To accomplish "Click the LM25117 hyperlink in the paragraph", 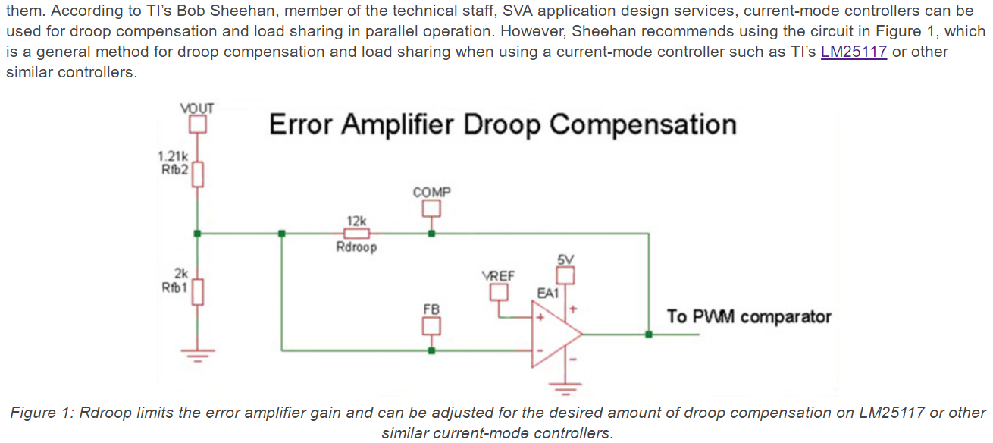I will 854,53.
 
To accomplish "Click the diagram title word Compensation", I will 643,124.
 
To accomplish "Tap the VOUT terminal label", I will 197,108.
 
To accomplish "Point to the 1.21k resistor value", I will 173,156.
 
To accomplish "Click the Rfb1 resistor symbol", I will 198,290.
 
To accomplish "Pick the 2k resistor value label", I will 181,272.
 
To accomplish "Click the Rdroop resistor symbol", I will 356,234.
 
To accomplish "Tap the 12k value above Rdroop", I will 356,220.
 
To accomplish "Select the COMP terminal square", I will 431,208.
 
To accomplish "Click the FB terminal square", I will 431,326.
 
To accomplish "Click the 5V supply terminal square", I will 566,275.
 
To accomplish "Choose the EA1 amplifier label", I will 548,293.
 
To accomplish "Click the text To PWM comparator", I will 749,316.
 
